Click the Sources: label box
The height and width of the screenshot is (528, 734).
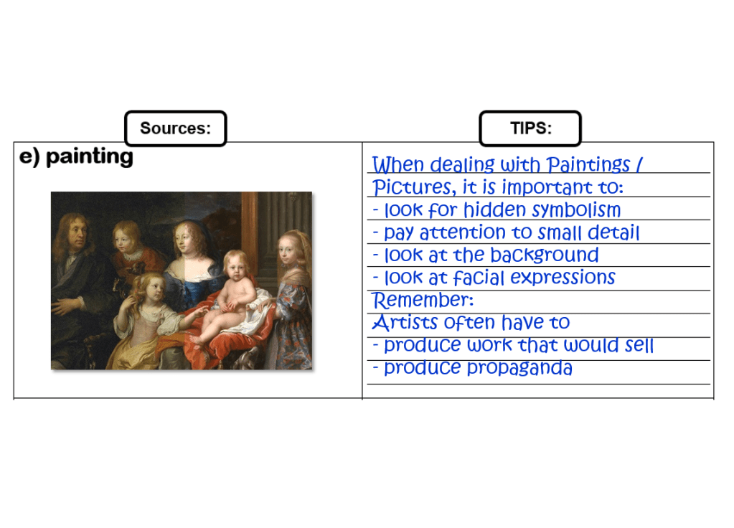176,128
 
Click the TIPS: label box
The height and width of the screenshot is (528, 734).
530,128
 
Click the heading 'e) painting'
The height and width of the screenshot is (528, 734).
76,156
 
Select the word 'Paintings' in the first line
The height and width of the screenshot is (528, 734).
588,165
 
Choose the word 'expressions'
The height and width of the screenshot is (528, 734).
563,278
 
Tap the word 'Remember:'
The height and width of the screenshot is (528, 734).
423,300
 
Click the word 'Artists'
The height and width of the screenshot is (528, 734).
405,322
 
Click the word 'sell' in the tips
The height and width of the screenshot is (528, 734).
639,345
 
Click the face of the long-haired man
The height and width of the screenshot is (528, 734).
77,234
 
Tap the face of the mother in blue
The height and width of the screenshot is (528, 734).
186,240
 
